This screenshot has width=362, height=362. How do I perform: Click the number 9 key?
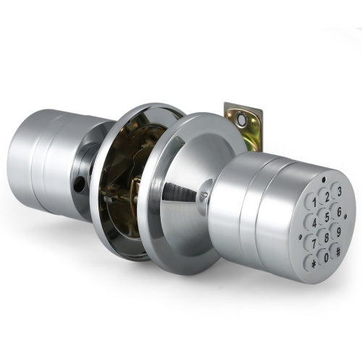(339, 232)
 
